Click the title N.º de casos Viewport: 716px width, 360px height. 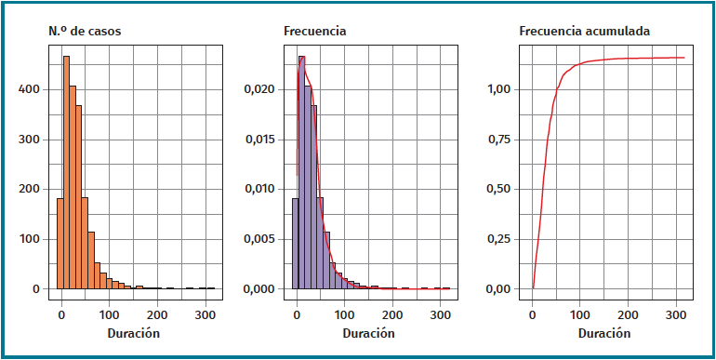pyautogui.click(x=85, y=32)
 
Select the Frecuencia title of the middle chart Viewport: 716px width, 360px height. pyautogui.click(x=314, y=32)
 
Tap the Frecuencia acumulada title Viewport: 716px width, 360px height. pyautogui.click(x=584, y=32)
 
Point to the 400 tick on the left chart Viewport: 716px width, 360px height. pyautogui.click(x=30, y=90)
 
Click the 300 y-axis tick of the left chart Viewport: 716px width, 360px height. pyautogui.click(x=30, y=140)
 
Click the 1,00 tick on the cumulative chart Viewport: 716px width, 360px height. pyautogui.click(x=500, y=90)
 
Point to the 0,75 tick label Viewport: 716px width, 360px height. pyautogui.click(x=500, y=140)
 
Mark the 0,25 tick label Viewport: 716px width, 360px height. pyautogui.click(x=500, y=239)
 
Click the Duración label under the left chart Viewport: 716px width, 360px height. pyautogui.click(x=133, y=333)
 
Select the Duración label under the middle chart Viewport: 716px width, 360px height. pyautogui.click(x=368, y=333)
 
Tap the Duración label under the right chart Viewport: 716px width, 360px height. pyautogui.click(x=603, y=333)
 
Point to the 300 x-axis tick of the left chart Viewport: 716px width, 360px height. pyautogui.click(x=205, y=313)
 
